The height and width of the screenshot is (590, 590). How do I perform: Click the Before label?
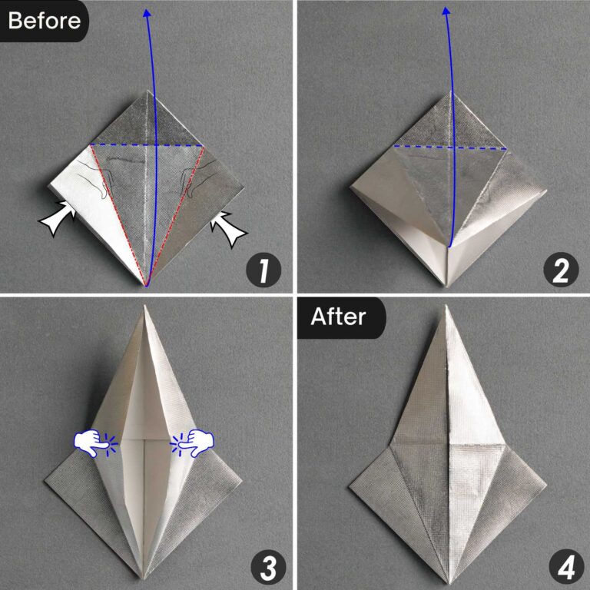(44, 20)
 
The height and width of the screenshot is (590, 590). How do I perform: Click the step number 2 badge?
(559, 270)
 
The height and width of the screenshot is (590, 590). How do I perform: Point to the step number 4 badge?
(559, 567)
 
